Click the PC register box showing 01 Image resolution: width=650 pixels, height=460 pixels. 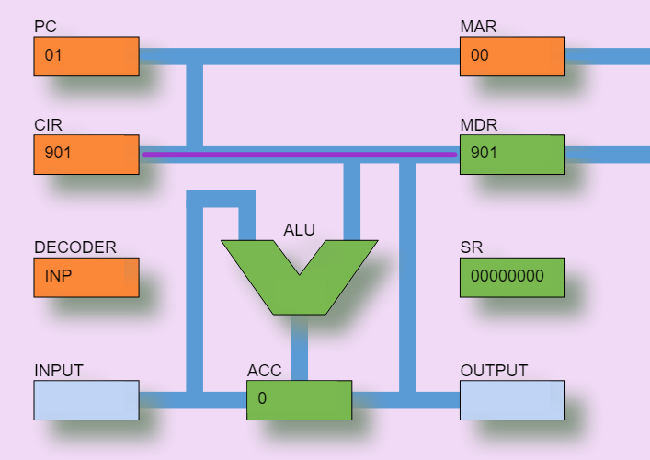click(86, 56)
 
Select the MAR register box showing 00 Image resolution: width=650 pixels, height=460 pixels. click(512, 56)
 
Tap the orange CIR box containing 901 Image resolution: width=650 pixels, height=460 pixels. click(86, 154)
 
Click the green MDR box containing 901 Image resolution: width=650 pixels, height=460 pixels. click(512, 154)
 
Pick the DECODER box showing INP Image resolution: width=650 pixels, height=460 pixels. click(86, 277)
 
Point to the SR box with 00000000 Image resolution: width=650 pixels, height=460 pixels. click(512, 277)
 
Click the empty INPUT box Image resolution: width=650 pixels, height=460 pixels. click(86, 400)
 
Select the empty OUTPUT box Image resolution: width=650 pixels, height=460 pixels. click(512, 400)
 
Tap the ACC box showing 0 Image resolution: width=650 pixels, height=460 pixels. click(299, 400)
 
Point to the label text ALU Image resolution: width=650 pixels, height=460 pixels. click(299, 230)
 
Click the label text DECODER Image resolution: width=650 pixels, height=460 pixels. click(75, 247)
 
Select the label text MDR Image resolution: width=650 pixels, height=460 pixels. click(479, 124)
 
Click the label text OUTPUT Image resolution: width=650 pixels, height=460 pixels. click(494, 371)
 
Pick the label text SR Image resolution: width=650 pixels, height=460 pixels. click(471, 247)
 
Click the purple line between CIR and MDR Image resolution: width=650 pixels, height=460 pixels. click(299, 155)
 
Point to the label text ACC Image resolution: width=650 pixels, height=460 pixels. click(265, 371)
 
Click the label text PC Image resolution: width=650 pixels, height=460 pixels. click(45, 27)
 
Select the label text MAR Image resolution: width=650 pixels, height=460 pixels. click(478, 27)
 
